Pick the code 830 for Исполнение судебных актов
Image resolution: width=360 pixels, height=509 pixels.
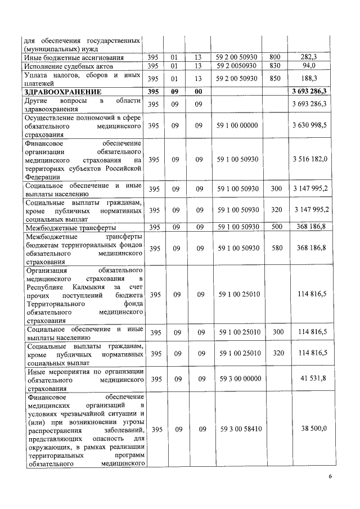275,66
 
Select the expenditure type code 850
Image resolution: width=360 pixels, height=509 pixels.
275,79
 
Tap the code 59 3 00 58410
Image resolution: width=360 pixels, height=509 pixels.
238,429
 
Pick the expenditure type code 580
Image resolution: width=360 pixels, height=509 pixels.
275,248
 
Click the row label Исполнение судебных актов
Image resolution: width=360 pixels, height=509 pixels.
61,66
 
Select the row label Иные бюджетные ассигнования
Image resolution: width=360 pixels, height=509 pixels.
69,57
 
